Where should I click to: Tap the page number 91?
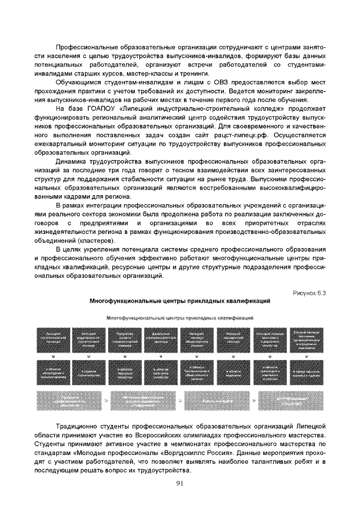click(x=180, y=483)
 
